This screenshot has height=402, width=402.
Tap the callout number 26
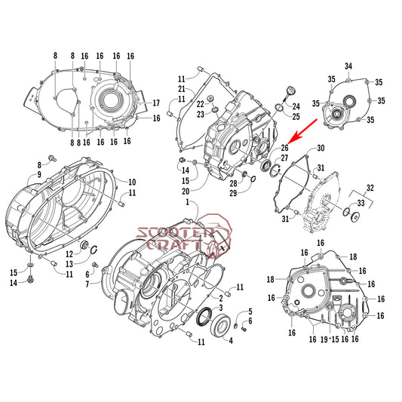click(285, 148)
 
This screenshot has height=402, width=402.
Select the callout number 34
click(348, 67)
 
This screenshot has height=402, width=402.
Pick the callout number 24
click(296, 106)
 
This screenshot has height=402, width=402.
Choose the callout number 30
click(321, 148)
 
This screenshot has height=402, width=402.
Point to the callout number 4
click(231, 340)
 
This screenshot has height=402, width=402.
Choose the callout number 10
click(131, 182)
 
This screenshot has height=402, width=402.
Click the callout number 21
click(182, 89)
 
